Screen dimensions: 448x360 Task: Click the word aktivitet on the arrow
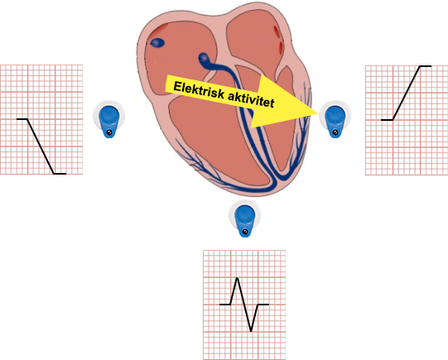click(251, 99)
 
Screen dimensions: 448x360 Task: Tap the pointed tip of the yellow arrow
click(318, 113)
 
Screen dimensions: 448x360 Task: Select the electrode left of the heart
click(108, 119)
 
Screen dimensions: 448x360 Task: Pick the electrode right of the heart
click(335, 119)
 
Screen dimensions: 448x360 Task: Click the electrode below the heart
click(244, 218)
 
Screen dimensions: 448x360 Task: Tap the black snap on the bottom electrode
click(245, 231)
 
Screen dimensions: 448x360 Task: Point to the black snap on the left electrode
click(109, 132)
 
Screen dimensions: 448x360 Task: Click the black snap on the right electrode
click(335, 132)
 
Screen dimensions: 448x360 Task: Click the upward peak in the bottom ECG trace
click(237, 278)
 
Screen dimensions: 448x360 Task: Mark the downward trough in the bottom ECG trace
click(251, 330)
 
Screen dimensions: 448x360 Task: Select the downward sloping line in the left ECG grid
click(41, 146)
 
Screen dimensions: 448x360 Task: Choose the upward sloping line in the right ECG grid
click(407, 93)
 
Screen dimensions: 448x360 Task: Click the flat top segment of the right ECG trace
click(426, 66)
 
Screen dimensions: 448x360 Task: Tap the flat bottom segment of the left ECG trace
click(60, 174)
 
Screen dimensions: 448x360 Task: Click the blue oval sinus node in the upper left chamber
click(157, 43)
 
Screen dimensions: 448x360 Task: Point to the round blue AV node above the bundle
click(204, 58)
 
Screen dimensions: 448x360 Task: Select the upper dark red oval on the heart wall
click(277, 31)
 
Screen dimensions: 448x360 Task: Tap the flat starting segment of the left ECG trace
click(22, 119)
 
